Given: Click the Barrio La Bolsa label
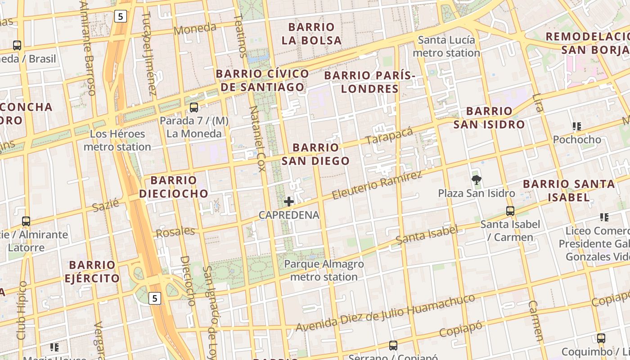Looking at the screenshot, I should (x=311, y=34).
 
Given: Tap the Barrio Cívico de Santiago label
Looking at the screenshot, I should (x=262, y=80).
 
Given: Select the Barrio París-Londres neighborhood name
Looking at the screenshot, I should (x=369, y=82).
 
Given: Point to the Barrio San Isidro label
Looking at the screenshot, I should (x=489, y=117).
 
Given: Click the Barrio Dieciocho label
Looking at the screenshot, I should (x=173, y=187).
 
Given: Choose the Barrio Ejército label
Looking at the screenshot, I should (x=92, y=271).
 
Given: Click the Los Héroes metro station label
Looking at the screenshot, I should (x=117, y=140).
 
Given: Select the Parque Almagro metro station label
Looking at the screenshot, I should (x=324, y=270).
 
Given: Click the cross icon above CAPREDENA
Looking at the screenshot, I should (x=289, y=202).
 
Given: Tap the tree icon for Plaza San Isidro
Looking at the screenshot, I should (x=476, y=180).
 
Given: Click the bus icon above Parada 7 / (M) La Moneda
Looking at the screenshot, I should (x=194, y=108).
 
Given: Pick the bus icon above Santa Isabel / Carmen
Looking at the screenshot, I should (x=510, y=211).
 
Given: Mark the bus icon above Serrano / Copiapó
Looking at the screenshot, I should (x=393, y=345).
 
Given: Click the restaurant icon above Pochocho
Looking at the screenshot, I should (x=576, y=126).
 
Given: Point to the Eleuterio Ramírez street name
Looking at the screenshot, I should (x=377, y=185).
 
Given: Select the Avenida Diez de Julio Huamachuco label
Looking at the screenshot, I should (x=385, y=313).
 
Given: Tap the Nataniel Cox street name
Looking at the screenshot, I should (x=257, y=139).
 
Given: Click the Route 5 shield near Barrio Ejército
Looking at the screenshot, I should (x=155, y=298).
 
